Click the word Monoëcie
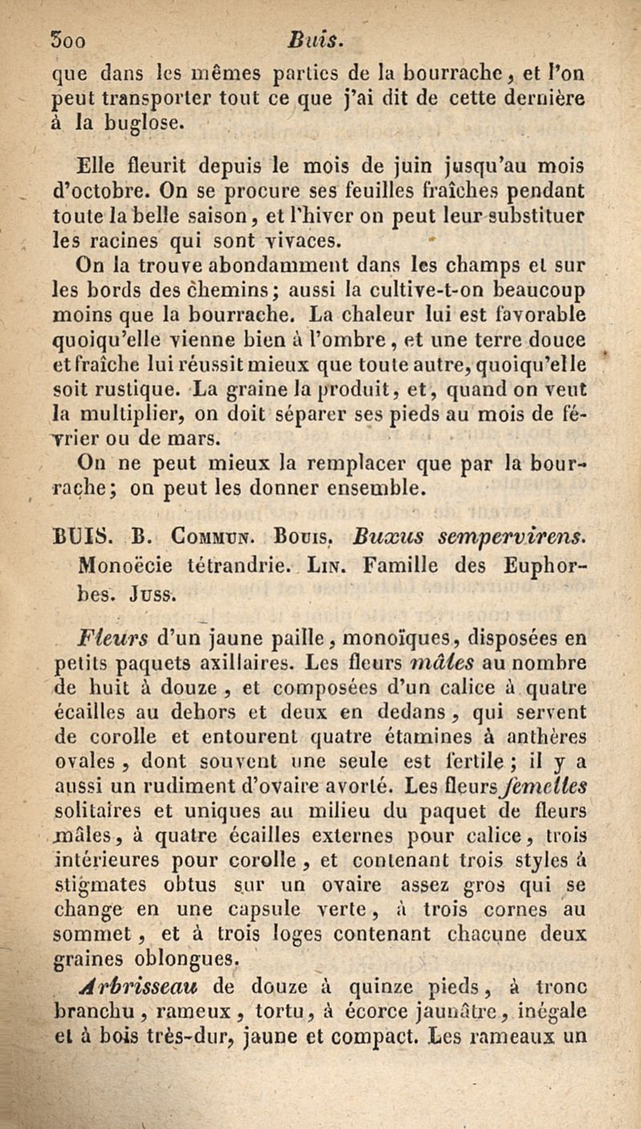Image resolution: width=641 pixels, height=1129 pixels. (118, 550)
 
